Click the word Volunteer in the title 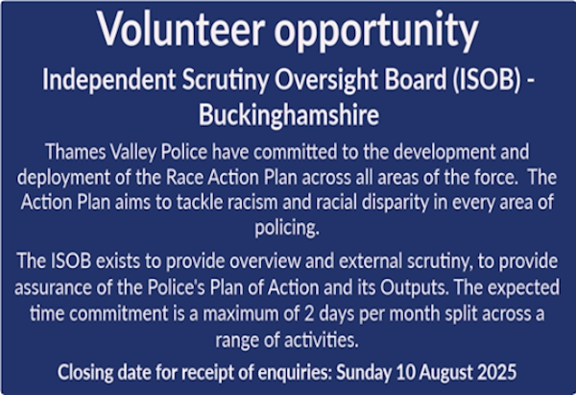[180, 29]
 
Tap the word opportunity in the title [376, 32]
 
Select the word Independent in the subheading [108, 80]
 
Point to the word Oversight [325, 80]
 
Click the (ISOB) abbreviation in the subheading [487, 80]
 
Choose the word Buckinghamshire [289, 114]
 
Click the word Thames [75, 151]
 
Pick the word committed [295, 151]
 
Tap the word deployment [63, 178]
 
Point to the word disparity [396, 203]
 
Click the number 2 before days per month [309, 313]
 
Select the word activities [322, 339]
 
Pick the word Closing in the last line [85, 373]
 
